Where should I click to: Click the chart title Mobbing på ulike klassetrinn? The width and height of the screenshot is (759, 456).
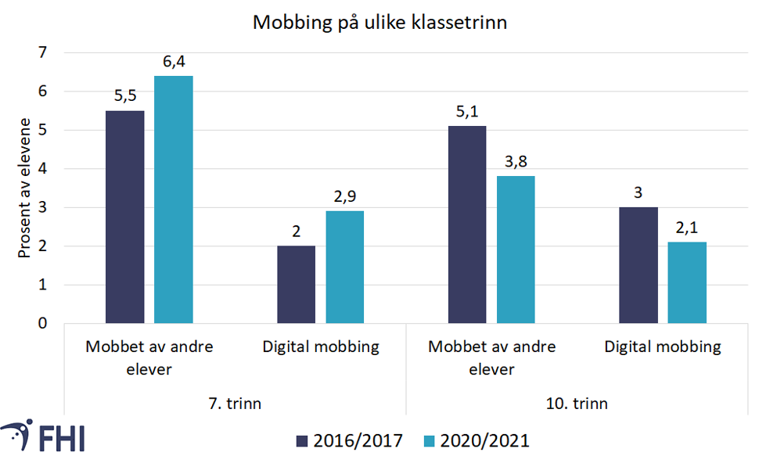point(379,23)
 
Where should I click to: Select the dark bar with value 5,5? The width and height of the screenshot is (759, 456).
point(125,217)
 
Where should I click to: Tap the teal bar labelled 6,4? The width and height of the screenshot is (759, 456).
point(173,199)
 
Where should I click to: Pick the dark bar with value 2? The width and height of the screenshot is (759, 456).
point(297,285)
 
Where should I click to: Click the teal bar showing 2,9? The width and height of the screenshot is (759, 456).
point(345,267)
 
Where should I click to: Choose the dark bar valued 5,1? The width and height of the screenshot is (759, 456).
point(467,224)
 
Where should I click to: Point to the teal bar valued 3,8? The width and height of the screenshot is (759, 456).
point(515,250)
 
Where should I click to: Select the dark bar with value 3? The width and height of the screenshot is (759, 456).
point(638,265)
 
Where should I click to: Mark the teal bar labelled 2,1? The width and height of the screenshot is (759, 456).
point(687,282)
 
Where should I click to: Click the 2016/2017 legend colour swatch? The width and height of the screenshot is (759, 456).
point(303,441)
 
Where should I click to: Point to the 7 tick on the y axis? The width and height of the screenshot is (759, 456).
point(42,53)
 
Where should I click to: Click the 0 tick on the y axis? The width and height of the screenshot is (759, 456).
point(42,323)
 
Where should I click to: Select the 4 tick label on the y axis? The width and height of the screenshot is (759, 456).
point(42,169)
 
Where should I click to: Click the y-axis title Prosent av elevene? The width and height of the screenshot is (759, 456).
point(24,188)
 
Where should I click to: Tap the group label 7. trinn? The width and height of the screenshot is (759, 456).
point(234,404)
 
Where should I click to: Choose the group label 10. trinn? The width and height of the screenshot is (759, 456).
point(577,404)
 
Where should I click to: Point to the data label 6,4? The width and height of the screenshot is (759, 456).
point(173,61)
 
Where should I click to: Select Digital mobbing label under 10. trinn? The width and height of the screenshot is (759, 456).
point(663,346)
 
